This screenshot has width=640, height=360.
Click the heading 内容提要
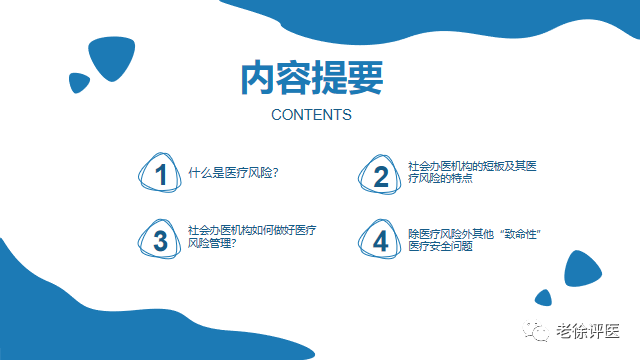click(311, 79)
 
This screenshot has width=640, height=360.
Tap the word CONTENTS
click(311, 115)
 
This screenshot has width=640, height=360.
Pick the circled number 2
click(380, 176)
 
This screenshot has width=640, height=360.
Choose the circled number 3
click(160, 240)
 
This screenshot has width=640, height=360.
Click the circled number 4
click(380, 240)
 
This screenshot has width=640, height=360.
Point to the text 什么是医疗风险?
click(233, 172)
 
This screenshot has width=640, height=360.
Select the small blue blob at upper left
click(78, 83)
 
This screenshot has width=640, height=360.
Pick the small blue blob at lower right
click(544, 297)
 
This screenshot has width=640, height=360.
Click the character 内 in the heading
click(258, 79)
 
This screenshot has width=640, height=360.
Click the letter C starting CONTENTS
click(277, 115)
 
